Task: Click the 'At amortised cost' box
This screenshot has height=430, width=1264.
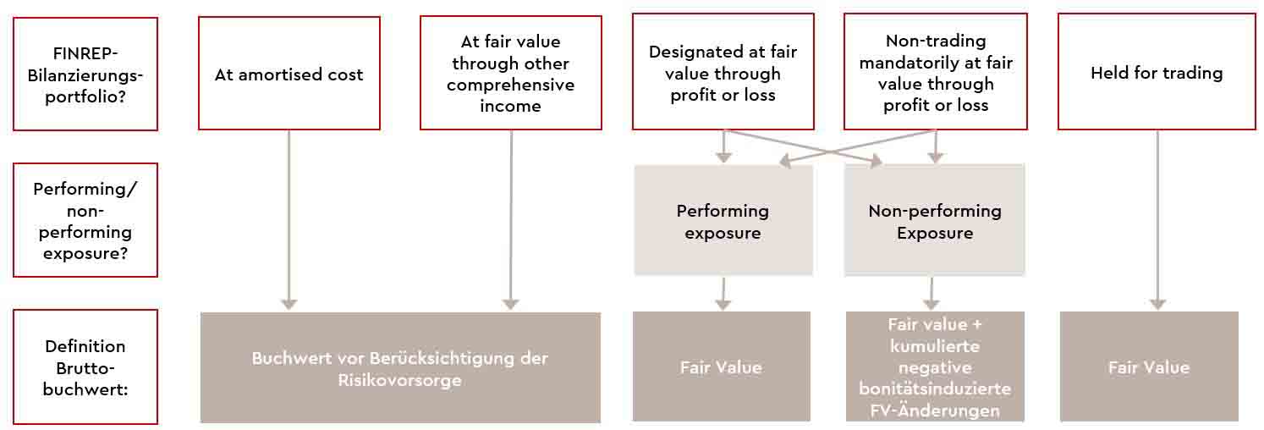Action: click(x=289, y=74)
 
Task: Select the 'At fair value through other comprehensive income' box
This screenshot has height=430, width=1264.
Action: click(x=510, y=74)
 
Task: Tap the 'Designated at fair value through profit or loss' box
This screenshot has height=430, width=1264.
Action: click(x=723, y=73)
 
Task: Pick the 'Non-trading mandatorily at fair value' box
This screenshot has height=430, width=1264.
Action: click(x=936, y=73)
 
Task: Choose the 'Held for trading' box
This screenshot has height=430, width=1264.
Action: click(x=1157, y=74)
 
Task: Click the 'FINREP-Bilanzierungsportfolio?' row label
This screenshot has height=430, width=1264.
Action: click(x=85, y=74)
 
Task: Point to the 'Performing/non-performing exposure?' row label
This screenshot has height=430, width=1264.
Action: click(x=85, y=220)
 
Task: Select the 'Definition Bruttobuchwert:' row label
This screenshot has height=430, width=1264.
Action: click(x=85, y=367)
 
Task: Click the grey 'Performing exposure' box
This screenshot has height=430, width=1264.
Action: click(x=723, y=221)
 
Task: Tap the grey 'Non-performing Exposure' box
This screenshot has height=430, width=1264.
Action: click(x=935, y=221)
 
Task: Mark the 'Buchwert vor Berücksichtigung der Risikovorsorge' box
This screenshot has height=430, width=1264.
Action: click(x=400, y=368)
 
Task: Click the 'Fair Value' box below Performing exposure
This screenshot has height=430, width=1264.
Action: click(x=721, y=367)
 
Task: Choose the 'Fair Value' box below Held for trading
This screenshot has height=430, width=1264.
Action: click(x=1149, y=367)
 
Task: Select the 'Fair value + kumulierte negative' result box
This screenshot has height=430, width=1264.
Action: click(x=935, y=367)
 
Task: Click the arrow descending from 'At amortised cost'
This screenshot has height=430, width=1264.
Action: click(x=289, y=220)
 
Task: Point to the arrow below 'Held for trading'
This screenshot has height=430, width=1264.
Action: click(x=1157, y=220)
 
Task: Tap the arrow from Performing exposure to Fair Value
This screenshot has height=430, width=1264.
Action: click(x=723, y=293)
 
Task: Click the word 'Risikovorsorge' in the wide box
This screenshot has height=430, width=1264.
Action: click(x=400, y=380)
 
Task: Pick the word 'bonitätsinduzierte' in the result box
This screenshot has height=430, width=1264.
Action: click(x=935, y=389)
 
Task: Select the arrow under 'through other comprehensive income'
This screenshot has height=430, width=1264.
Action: click(x=511, y=220)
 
